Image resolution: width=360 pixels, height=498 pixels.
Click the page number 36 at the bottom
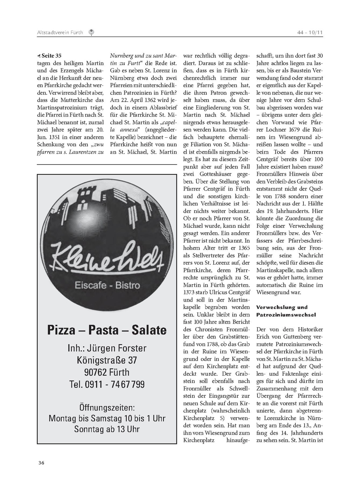pos(41,463)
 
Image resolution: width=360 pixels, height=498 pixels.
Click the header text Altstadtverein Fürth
pos(60,33)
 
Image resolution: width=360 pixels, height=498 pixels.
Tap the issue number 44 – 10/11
pos(310,33)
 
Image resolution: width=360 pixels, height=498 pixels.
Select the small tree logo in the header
pos(91,33)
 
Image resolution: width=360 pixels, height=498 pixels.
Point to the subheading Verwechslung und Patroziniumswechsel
pos(286,311)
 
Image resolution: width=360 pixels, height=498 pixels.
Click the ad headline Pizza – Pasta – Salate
pos(107,330)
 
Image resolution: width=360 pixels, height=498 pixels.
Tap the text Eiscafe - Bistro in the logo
pos(107,285)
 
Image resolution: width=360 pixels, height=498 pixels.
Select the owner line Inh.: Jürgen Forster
pos(107,348)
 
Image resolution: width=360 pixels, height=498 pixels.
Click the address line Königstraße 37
pos(107,360)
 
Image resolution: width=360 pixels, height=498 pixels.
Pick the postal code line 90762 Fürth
pos(107,372)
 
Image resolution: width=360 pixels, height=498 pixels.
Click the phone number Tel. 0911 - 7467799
pos(107,384)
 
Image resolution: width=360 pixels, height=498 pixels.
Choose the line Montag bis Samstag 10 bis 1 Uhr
pos(107,418)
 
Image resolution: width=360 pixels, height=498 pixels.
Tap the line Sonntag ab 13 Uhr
pos(107,429)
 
